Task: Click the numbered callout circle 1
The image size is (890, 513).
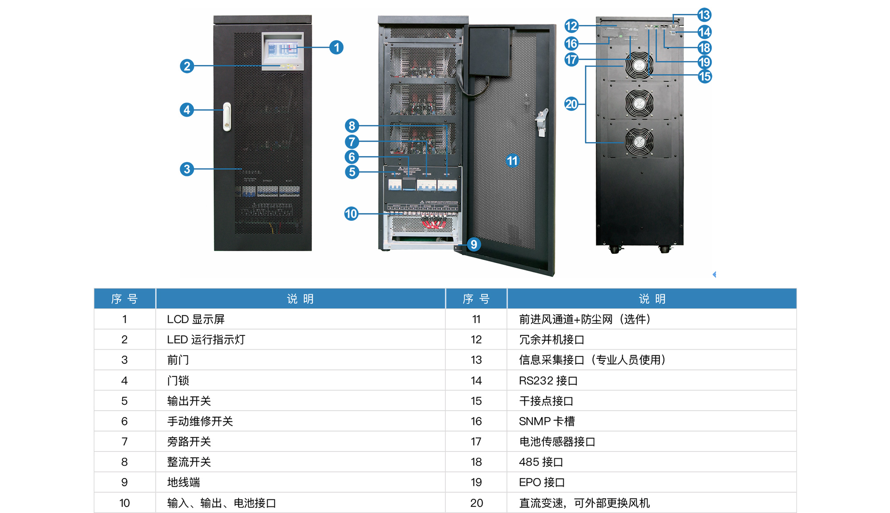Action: point(336,47)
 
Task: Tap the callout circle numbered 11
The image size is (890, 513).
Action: point(512,161)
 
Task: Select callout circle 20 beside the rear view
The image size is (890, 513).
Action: point(571,104)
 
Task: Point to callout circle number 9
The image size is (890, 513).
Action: point(474,244)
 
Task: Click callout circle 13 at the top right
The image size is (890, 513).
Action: point(704,15)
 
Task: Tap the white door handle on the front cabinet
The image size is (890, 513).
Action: point(227,117)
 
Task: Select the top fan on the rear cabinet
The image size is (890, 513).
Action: point(639,65)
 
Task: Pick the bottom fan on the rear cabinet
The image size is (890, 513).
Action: point(639,142)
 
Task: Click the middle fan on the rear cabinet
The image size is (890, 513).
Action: point(639,103)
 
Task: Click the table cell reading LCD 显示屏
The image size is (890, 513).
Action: point(196,319)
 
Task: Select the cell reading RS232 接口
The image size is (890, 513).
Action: point(548,381)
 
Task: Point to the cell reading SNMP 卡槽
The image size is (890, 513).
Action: point(547,421)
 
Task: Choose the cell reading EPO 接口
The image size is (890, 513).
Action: point(542,482)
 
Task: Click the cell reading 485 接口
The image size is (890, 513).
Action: point(541,462)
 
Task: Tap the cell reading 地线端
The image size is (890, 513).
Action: point(183,482)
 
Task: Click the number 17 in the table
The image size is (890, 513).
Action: point(476,442)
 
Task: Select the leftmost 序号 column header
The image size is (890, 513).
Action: point(125,299)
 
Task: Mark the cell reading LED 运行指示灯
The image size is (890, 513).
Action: point(206,340)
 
